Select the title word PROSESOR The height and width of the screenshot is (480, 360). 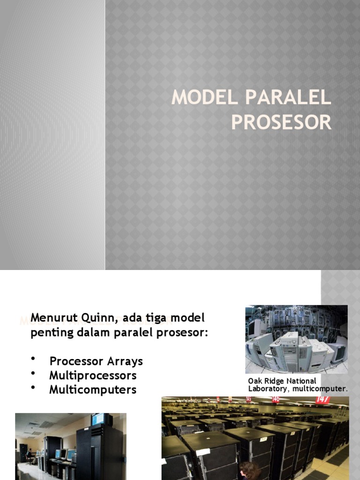pos(281,122)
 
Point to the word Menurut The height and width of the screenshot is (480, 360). pos(50,318)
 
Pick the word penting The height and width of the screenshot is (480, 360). pos(49,333)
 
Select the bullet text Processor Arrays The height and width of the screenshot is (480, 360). pos(96,361)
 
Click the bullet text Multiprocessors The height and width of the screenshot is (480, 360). pos(93,375)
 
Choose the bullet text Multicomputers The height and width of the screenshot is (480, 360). pos(93,390)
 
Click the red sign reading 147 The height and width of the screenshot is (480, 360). pos(322,400)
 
